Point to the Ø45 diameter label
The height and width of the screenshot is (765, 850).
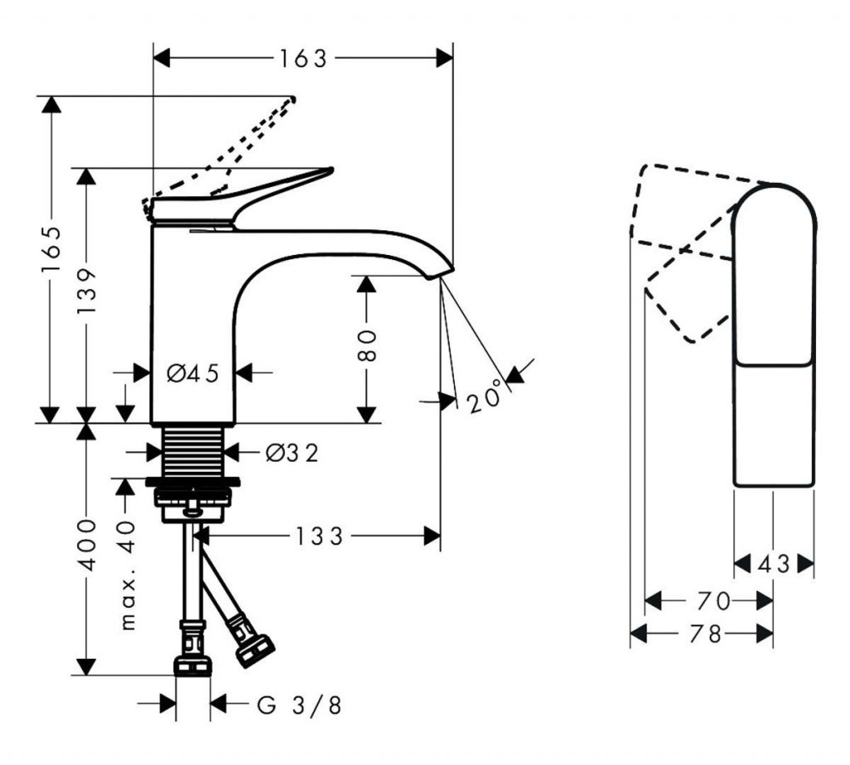click(x=193, y=374)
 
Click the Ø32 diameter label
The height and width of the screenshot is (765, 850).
click(x=292, y=453)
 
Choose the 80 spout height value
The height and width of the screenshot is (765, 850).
click(x=368, y=345)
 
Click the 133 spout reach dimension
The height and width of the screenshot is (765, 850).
click(x=318, y=537)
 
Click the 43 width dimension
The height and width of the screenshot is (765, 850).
click(x=774, y=564)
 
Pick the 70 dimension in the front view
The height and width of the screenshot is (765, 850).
click(x=712, y=600)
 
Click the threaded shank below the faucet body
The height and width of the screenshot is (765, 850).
click(x=193, y=452)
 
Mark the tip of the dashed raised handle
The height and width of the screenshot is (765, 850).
click(x=291, y=100)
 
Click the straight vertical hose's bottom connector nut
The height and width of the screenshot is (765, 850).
click(x=193, y=664)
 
